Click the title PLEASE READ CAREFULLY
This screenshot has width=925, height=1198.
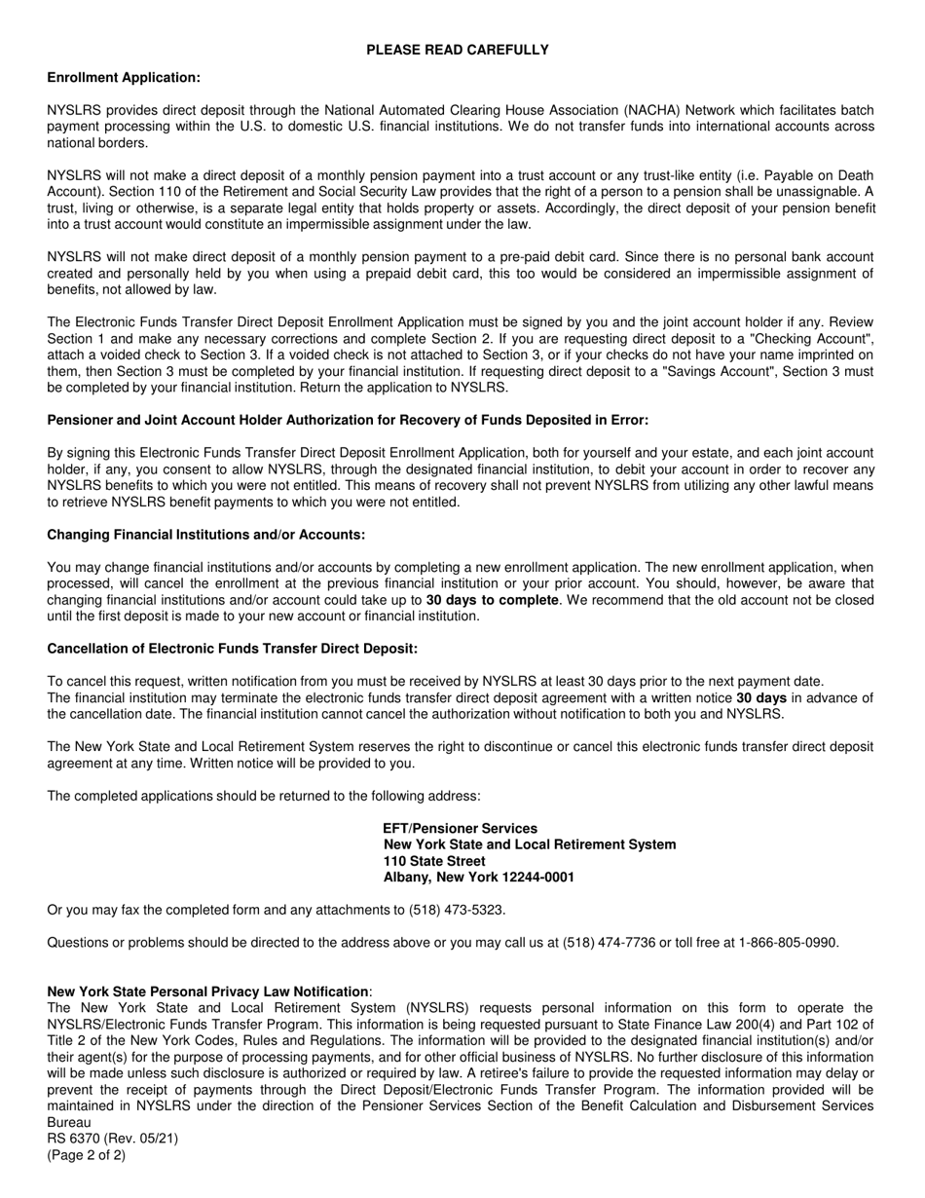pos(458,50)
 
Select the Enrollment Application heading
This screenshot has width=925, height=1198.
pos(124,78)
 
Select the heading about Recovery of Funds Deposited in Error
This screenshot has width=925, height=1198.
pos(348,420)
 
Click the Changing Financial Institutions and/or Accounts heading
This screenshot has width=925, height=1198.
pos(206,535)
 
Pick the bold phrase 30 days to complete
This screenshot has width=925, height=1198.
pos(492,600)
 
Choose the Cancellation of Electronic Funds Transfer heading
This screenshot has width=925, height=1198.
pos(232,649)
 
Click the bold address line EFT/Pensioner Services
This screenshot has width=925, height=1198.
pos(460,828)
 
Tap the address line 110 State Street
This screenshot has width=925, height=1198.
pos(434,861)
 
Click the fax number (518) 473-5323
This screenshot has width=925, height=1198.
pos(456,910)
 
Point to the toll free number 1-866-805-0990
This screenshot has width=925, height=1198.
pos(787,942)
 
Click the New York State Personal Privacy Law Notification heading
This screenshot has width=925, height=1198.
pos(207,992)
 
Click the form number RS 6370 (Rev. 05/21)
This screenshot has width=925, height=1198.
pos(112,1139)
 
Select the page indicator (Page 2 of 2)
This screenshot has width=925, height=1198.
pos(87,1155)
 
